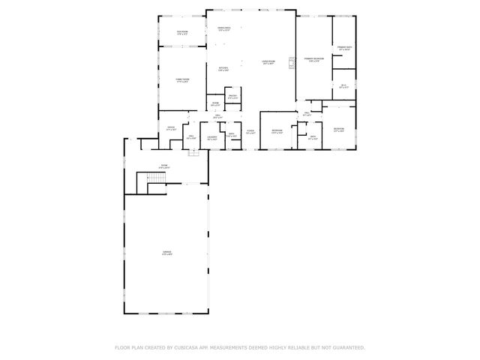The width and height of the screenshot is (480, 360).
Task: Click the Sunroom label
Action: tap(181, 32)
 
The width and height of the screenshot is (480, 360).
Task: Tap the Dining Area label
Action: tap(223, 28)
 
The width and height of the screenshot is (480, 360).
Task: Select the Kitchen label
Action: tap(223, 69)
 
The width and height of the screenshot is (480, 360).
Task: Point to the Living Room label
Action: tap(268, 62)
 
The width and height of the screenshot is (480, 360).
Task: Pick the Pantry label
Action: tap(232, 96)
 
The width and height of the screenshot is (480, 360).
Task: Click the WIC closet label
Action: tap(343, 86)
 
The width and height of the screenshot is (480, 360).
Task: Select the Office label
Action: tap(171, 128)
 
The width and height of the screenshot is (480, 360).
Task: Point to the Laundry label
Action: tap(212, 137)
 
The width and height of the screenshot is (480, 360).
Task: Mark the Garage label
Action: tap(167, 253)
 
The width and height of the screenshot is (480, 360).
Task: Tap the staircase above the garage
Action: tap(155, 180)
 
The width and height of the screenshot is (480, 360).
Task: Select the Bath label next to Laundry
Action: tap(232, 136)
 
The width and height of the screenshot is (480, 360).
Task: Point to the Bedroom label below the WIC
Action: tap(339, 130)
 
